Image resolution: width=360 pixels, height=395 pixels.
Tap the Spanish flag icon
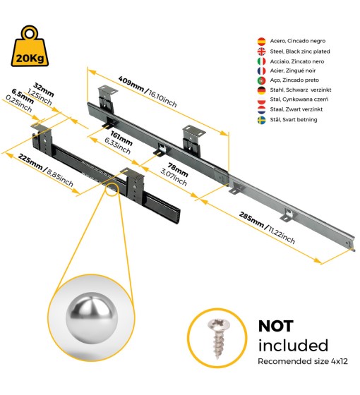[x=261, y=42]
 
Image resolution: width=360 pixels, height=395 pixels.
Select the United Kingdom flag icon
[x=261, y=51]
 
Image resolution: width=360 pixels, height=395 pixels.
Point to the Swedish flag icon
[x=261, y=120]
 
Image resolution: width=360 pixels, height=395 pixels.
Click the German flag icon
[x=261, y=90]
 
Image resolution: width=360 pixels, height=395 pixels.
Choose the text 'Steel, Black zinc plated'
[x=300, y=51]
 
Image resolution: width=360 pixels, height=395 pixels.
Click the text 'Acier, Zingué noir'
[x=293, y=71]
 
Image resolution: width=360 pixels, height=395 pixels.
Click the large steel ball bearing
[x=92, y=317]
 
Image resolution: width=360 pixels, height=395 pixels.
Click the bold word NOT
[x=275, y=326]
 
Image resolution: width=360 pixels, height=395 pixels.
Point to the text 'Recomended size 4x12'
[x=303, y=361]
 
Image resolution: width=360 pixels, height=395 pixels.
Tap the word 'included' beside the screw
[x=293, y=345]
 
